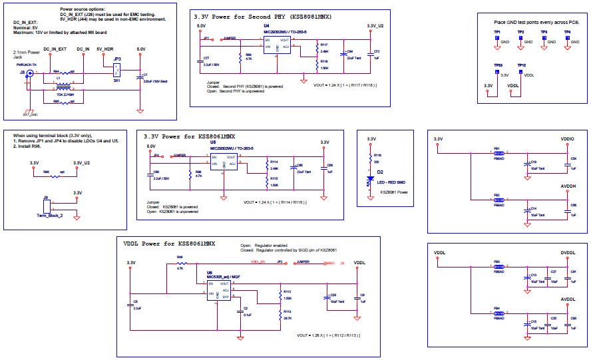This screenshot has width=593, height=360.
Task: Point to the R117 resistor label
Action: tap(324, 45)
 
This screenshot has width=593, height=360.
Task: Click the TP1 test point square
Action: tap(497, 39)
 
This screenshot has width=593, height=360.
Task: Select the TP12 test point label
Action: tap(521, 65)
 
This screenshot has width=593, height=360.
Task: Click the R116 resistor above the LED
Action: tap(371, 158)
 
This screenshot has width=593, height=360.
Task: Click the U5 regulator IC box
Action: tap(224, 161)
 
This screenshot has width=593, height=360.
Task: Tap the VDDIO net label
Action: tap(567, 139)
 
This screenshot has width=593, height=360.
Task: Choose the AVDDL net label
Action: tap(568, 299)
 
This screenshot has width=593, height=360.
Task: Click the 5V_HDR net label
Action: tap(105, 49)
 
